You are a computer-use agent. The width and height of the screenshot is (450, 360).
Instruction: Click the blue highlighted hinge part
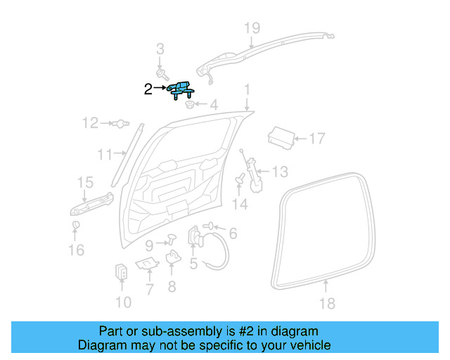pyautogui.click(x=181, y=90)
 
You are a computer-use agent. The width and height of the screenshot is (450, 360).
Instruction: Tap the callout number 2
pyautogui.click(x=148, y=89)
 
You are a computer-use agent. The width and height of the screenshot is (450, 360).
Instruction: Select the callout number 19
pyautogui.click(x=252, y=28)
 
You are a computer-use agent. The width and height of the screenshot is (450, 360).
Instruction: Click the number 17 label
pyautogui.click(x=317, y=139)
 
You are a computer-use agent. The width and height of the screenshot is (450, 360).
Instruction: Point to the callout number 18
pyautogui.click(x=327, y=304)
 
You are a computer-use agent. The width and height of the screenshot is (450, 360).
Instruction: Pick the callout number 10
pyautogui.click(x=122, y=303)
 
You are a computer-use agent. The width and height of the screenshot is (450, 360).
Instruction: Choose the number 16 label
pyautogui.click(x=76, y=250)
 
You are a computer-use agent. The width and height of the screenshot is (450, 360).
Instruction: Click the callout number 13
pyautogui.click(x=280, y=171)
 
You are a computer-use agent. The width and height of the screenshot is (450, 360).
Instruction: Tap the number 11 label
pyautogui.click(x=105, y=155)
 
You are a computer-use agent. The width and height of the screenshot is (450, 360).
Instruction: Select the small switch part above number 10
pyautogui.click(x=121, y=271)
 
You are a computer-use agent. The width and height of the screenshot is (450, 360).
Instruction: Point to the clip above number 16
pyautogui.click(x=75, y=225)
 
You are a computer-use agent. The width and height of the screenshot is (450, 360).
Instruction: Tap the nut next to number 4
pyautogui.click(x=190, y=105)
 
